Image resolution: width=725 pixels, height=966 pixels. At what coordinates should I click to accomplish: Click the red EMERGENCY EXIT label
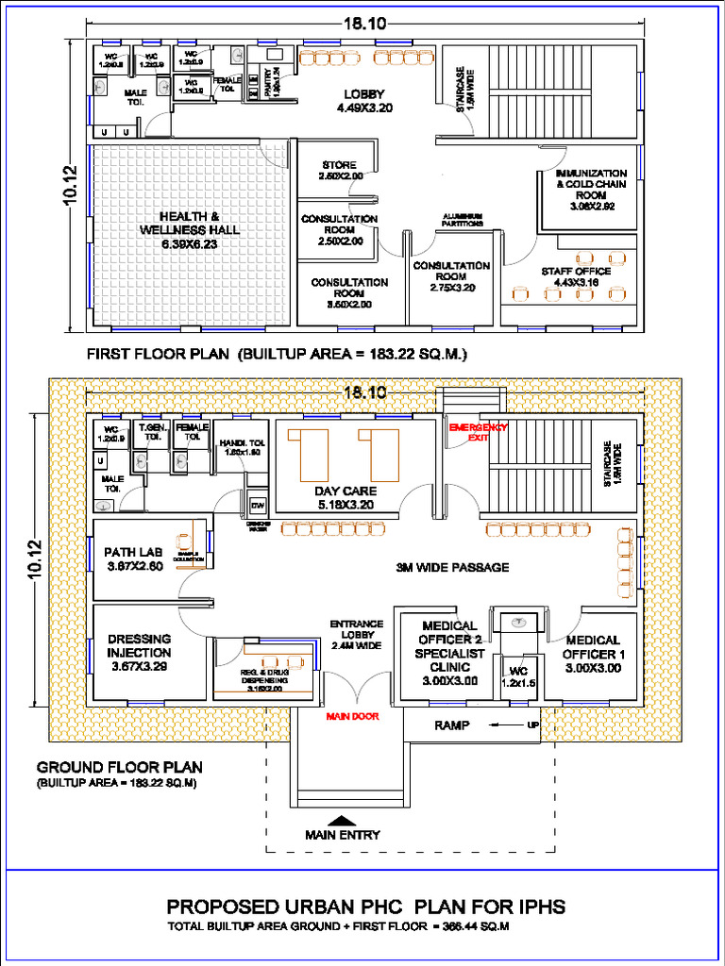pyautogui.click(x=477, y=432)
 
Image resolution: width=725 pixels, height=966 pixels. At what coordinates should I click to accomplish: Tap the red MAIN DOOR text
pyautogui.click(x=352, y=716)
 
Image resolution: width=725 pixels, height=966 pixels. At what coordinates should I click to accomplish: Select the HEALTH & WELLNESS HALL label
pyautogui.click(x=189, y=230)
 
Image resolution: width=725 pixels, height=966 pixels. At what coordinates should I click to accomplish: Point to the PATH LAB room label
pyautogui.click(x=134, y=558)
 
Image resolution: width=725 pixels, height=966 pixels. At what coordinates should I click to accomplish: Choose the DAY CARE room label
pyautogui.click(x=346, y=497)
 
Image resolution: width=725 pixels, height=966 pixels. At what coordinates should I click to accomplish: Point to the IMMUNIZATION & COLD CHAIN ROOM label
pyautogui.click(x=591, y=189)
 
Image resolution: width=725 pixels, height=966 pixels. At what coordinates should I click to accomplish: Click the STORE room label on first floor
pyautogui.click(x=339, y=171)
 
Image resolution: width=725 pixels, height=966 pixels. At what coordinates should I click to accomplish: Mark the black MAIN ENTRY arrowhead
pyautogui.click(x=342, y=820)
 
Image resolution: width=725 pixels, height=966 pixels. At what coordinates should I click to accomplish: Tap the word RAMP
pyautogui.click(x=452, y=725)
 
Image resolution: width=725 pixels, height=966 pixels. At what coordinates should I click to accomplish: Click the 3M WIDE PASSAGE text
pyautogui.click(x=452, y=567)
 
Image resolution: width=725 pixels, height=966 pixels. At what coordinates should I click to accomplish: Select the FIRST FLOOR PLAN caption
pyautogui.click(x=278, y=355)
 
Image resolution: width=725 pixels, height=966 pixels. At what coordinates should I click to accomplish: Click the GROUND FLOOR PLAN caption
pyautogui.click(x=119, y=767)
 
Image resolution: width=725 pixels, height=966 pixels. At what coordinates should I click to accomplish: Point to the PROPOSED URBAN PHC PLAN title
pyautogui.click(x=366, y=907)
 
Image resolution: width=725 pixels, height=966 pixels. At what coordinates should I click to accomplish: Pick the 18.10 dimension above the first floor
pyautogui.click(x=363, y=24)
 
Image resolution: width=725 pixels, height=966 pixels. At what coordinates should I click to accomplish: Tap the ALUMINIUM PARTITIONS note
pyautogui.click(x=463, y=220)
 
